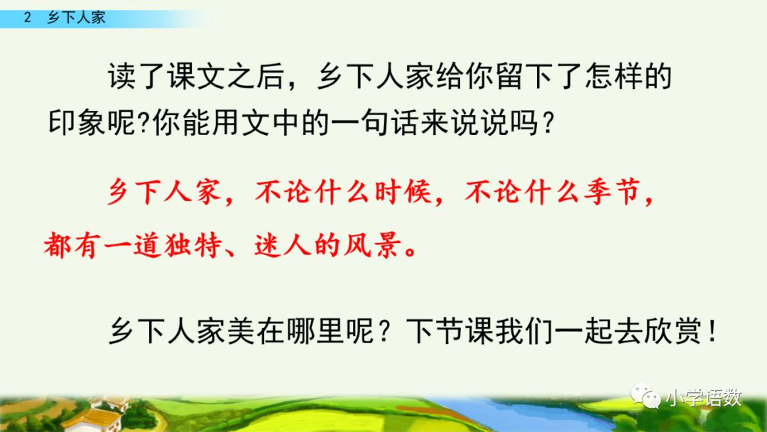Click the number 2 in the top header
pyautogui.click(x=27, y=18)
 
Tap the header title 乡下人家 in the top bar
pyautogui.click(x=76, y=18)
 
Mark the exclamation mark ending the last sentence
pyautogui.click(x=712, y=331)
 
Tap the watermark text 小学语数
pyautogui.click(x=703, y=396)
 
